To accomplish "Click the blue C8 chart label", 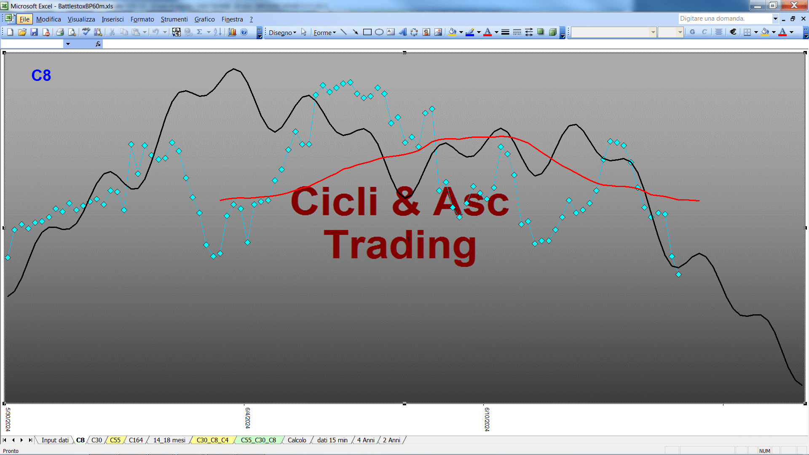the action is point(41,75).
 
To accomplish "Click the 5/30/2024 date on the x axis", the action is point(8,419).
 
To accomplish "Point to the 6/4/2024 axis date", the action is point(248,418).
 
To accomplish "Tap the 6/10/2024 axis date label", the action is point(487,419).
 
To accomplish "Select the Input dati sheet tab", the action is point(55,440).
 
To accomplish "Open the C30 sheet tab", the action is point(96,440).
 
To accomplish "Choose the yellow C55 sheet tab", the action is point(115,440).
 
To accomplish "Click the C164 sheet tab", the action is point(136,440).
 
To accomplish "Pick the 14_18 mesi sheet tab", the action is point(169,440).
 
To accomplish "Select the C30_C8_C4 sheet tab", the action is point(212,440).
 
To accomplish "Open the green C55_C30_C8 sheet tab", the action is point(258,440).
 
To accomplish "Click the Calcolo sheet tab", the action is point(297,440).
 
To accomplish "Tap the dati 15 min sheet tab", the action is point(332,440).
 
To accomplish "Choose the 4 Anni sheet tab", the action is point(366,440).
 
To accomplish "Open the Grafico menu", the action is point(204,19).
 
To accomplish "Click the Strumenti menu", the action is point(174,19).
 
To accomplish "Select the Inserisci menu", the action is point(113,19).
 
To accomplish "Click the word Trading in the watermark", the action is point(400,246).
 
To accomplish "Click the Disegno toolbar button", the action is point(282,32).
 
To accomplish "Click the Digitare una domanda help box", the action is point(726,19).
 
